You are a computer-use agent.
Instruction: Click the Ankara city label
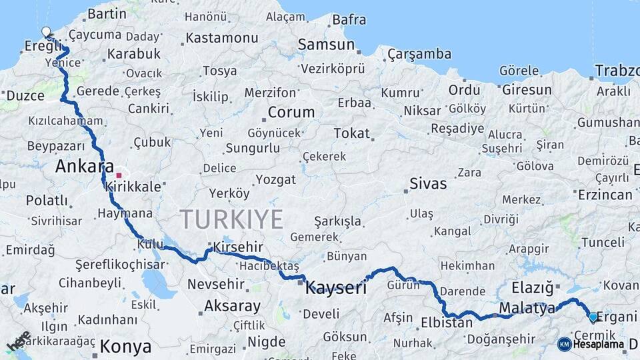tap(84, 167)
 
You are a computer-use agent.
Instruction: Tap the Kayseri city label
tap(336, 289)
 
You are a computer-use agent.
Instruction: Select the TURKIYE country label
tap(231, 219)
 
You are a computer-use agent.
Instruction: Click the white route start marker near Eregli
tap(45, 31)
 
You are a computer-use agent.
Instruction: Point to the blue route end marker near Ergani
tap(593, 317)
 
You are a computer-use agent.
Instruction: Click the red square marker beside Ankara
tap(119, 175)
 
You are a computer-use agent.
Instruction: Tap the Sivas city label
tap(428, 183)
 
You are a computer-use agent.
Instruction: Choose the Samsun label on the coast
tap(326, 45)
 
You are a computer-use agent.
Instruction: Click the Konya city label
tap(125, 347)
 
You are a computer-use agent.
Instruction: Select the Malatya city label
tap(527, 308)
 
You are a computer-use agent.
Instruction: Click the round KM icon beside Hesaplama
tap(564, 345)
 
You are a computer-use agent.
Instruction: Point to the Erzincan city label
tap(605, 195)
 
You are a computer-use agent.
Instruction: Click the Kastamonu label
tap(221, 38)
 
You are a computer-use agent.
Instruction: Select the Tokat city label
tap(351, 133)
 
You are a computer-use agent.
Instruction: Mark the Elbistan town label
tap(447, 323)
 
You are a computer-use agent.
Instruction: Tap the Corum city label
tap(291, 111)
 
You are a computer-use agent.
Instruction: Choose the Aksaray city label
tap(232, 306)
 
